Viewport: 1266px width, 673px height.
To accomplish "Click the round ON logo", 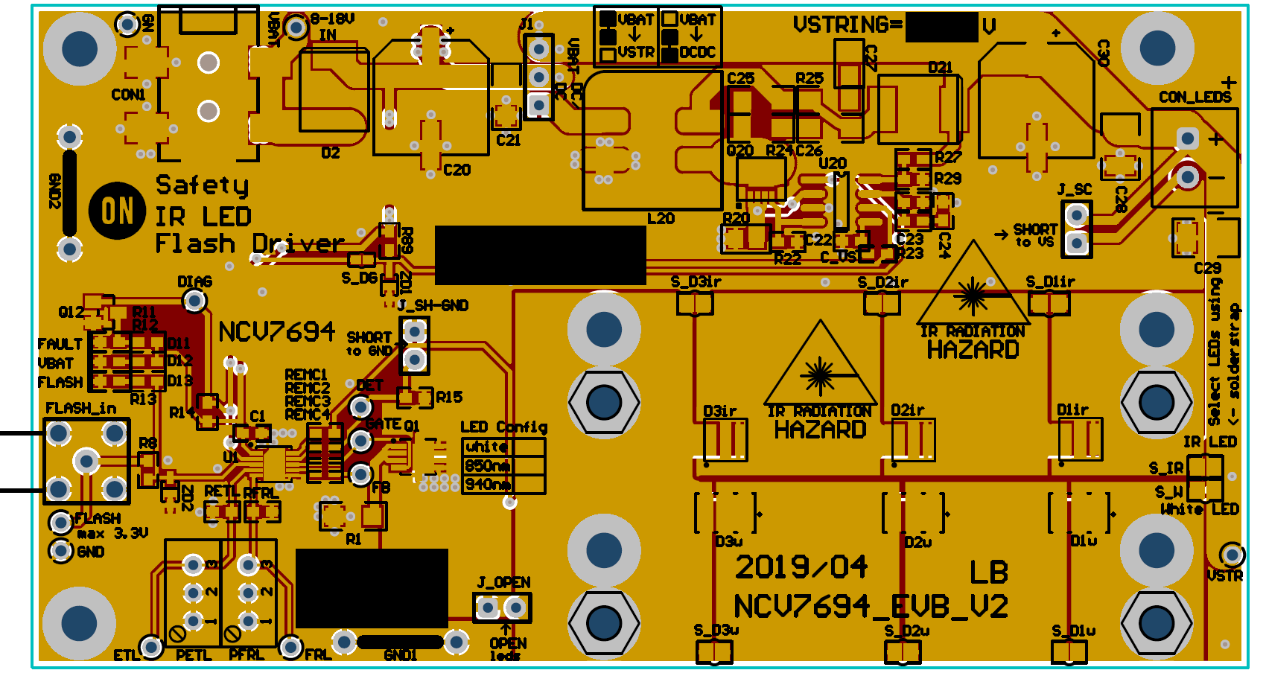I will click(117, 211).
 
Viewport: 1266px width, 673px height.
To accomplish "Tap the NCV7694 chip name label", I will click(276, 331).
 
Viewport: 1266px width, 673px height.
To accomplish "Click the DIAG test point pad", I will click(194, 301).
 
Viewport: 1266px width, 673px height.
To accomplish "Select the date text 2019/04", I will click(801, 567).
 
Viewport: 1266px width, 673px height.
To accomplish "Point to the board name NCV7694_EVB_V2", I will click(871, 607).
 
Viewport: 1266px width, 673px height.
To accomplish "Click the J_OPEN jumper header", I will click(501, 608).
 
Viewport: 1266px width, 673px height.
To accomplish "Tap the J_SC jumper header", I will click(1076, 229).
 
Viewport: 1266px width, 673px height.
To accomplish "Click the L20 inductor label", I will click(661, 219).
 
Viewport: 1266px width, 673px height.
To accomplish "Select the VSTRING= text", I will click(847, 26).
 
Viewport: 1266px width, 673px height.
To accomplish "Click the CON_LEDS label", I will click(1195, 98).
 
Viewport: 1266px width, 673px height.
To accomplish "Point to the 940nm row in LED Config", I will click(488, 485).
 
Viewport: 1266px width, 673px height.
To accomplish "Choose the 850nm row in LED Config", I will click(488, 466).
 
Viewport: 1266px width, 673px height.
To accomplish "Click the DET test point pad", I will click(361, 407).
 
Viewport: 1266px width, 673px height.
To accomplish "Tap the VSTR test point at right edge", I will click(1232, 555).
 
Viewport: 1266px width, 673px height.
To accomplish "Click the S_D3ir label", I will click(696, 282).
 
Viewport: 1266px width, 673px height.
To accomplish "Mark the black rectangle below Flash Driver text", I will click(540, 255).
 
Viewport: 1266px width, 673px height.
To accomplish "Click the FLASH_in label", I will click(81, 408).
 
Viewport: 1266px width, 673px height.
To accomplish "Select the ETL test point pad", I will click(151, 647).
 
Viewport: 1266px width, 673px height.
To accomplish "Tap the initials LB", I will click(988, 572).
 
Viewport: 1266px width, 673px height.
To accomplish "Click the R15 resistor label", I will click(449, 398).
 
